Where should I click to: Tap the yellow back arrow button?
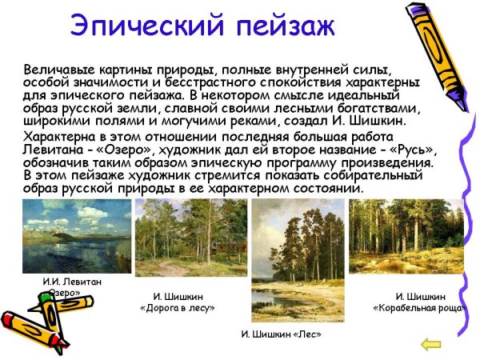tap(431, 344)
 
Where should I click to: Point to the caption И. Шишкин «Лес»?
tap(281, 333)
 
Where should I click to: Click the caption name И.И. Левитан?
tap(72, 282)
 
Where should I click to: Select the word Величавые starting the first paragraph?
tap(57, 70)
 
